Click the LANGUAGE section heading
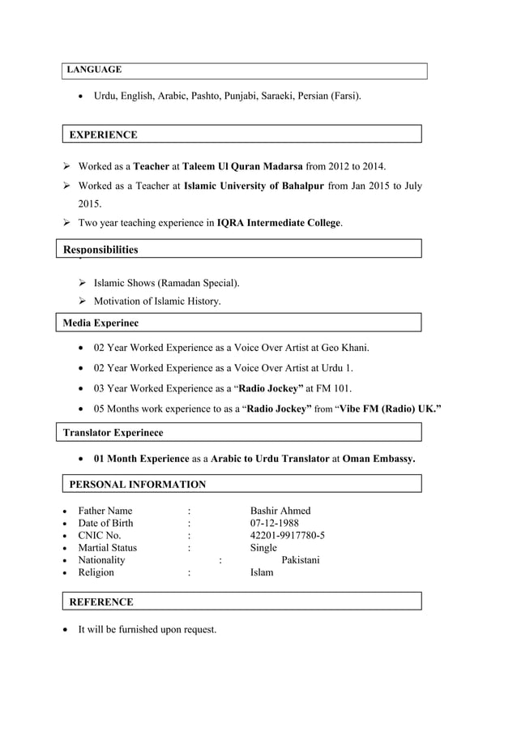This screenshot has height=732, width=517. pyautogui.click(x=94, y=71)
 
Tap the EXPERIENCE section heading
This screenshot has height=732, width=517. pyautogui.click(x=103, y=135)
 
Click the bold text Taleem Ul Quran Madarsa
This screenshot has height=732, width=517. pyautogui.click(x=242, y=167)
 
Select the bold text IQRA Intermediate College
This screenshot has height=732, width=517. pyautogui.click(x=279, y=222)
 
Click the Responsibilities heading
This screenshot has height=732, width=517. pyautogui.click(x=100, y=250)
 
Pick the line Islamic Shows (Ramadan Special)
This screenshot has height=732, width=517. pyautogui.click(x=166, y=284)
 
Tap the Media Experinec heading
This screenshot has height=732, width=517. pyautogui.click(x=100, y=323)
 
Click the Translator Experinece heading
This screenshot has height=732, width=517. pyautogui.click(x=113, y=434)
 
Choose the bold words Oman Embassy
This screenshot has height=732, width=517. pyautogui.click(x=378, y=459)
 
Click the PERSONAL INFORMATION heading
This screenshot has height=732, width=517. pyautogui.click(x=137, y=485)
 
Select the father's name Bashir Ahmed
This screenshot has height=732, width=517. pyautogui.click(x=280, y=511)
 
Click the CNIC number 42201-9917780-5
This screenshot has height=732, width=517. pyautogui.click(x=288, y=536)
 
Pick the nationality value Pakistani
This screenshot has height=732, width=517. pyautogui.click(x=300, y=560)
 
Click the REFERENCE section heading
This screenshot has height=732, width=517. pyautogui.click(x=101, y=602)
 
